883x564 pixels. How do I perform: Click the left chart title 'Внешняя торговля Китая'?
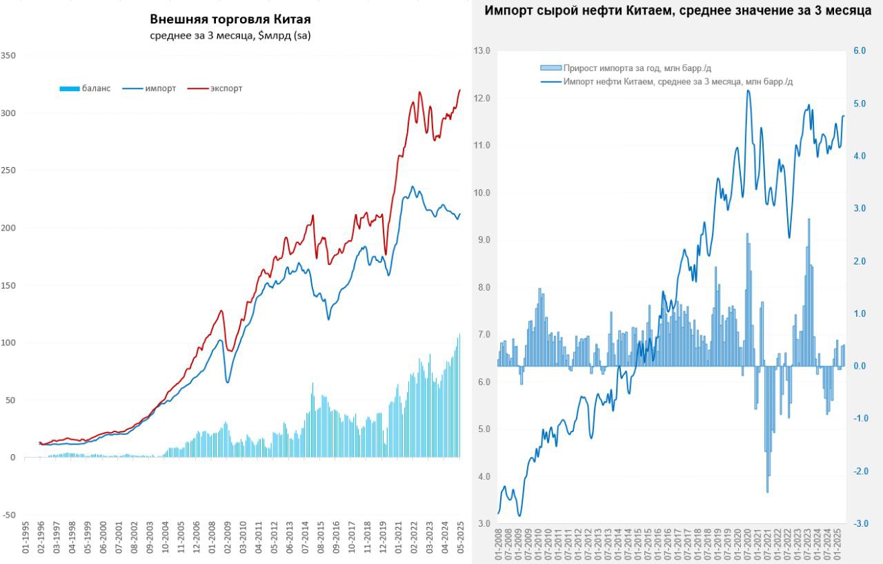pyautogui.click(x=230, y=19)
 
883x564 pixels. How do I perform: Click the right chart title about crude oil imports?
pyautogui.click(x=678, y=11)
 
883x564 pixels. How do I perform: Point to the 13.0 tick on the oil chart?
pyautogui.click(x=482, y=51)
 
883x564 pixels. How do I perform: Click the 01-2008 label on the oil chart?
pyautogui.click(x=498, y=545)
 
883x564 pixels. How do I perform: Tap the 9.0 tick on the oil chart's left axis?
pyautogui.click(x=482, y=240)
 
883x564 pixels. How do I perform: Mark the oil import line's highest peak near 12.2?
pyautogui.click(x=748, y=90)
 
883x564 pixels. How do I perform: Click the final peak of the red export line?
pyautogui.click(x=460, y=90)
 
